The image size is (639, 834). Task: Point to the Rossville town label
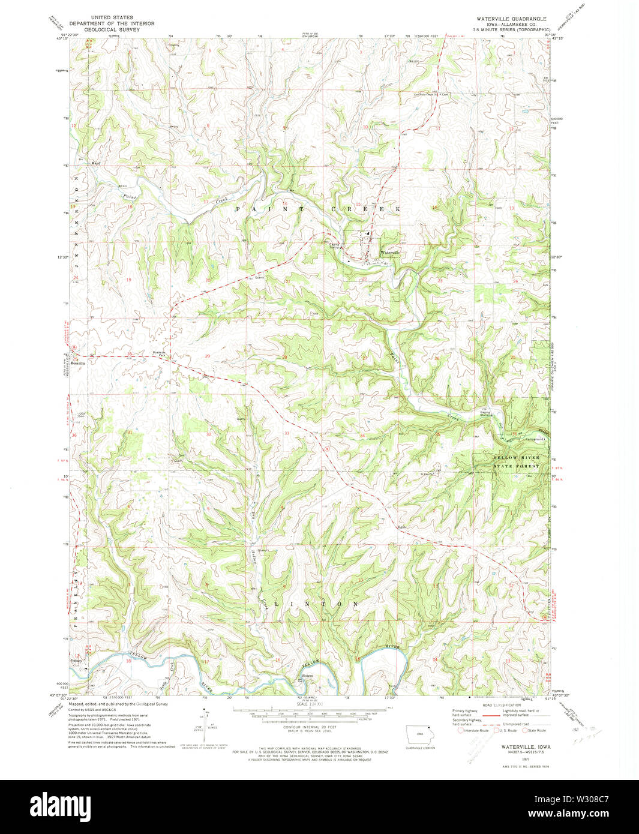coord(79,363)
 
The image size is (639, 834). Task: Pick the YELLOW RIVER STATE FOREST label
coord(515,461)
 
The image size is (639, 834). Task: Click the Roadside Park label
coord(159,354)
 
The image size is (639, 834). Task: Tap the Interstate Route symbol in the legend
coord(461,730)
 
